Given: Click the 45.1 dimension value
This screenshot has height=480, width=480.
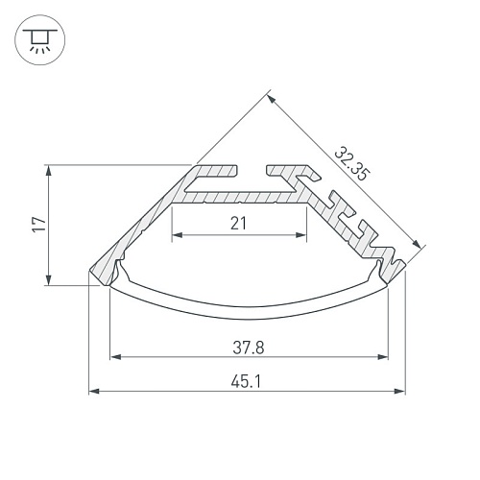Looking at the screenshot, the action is (246, 381).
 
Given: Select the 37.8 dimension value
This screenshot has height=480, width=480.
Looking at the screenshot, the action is (249, 348).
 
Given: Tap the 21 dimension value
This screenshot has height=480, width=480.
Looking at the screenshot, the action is (238, 223).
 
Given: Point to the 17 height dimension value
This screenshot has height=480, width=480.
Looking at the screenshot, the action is (39, 225).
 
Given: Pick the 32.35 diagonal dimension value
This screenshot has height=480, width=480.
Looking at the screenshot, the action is (352, 163).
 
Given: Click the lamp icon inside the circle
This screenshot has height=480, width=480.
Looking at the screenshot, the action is (40, 40).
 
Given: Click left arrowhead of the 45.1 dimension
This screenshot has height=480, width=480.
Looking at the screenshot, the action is (94, 391).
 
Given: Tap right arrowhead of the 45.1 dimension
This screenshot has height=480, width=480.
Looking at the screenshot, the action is (399, 391).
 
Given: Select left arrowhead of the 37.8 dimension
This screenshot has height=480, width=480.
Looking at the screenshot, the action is (115, 357).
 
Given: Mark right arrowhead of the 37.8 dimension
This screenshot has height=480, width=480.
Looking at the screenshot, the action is (383, 357).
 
